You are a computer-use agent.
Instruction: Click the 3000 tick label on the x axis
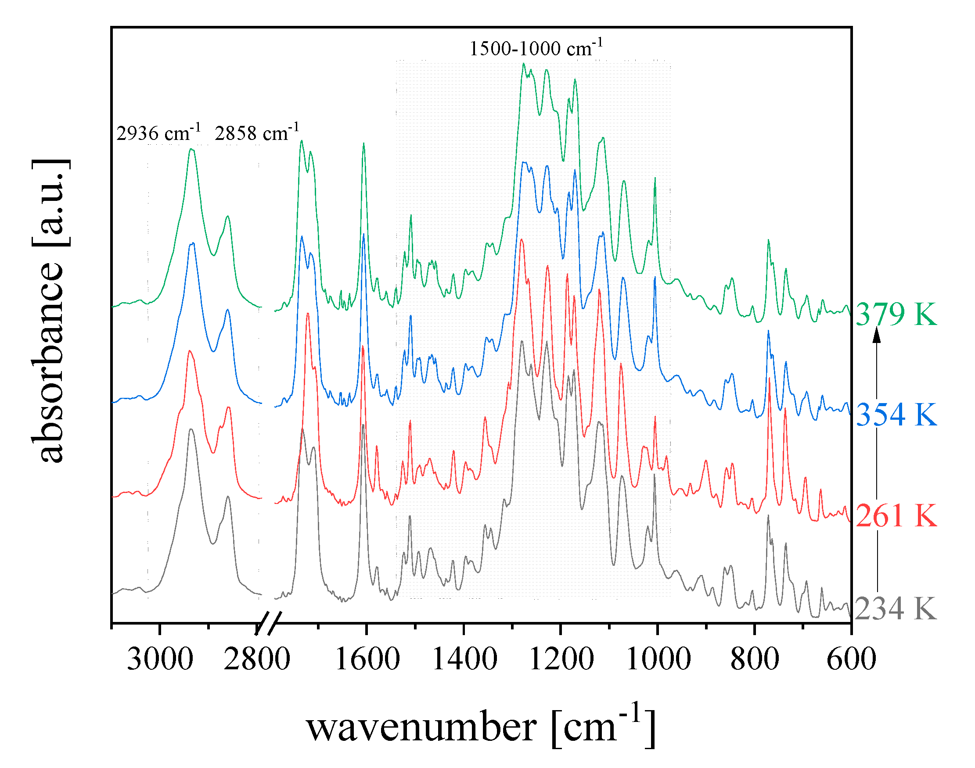tap(160, 659)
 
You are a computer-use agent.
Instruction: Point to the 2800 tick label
tap(257, 659)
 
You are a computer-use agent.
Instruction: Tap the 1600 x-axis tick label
tap(367, 659)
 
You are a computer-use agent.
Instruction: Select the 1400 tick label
tap(464, 659)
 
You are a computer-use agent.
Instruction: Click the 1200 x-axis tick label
tap(561, 659)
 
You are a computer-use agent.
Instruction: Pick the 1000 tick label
tap(658, 659)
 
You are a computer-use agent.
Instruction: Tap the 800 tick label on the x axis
tap(755, 659)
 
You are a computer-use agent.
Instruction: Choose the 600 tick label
tap(851, 659)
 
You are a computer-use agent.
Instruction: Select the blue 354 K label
tap(896, 414)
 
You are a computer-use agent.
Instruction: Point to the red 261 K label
tap(896, 515)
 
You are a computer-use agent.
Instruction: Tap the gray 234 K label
tap(895, 609)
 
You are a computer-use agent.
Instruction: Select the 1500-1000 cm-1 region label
tap(536, 48)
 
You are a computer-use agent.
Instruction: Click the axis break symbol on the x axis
tap(268, 623)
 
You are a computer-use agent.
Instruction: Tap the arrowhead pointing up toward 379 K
tap(877, 336)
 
